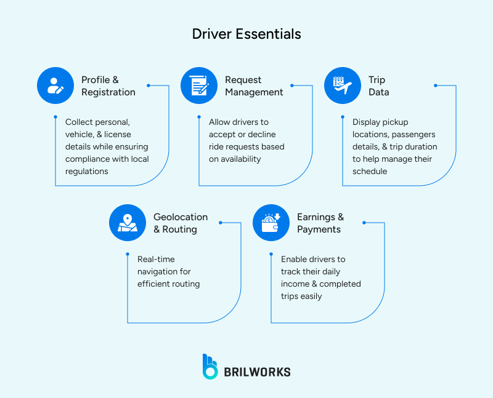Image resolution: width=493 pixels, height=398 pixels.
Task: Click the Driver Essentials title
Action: tap(246, 33)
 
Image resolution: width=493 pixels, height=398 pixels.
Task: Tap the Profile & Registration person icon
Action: tap(55, 86)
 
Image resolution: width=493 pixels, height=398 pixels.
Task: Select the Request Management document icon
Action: tap(199, 86)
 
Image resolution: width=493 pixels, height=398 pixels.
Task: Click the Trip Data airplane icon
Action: tap(343, 86)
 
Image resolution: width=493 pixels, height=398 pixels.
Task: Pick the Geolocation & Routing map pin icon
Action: tap(128, 223)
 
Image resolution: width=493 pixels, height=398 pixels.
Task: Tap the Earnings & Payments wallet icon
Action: tap(271, 223)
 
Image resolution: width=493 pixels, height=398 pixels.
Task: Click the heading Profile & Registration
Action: tap(108, 86)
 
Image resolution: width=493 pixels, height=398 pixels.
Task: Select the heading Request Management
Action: tap(254, 86)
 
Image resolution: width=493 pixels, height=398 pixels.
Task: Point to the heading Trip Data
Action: tap(378, 86)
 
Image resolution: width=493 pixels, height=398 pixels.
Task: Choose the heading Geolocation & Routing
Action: tap(181, 223)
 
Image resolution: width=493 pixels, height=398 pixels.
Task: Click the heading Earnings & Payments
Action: tap(320, 223)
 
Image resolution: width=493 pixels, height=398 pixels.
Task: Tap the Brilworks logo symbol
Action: tap(210, 367)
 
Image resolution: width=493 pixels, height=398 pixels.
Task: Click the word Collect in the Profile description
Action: tap(79, 122)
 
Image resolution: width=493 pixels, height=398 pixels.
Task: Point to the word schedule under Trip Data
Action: tap(370, 171)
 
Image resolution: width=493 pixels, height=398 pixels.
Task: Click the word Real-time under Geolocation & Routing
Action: tap(156, 259)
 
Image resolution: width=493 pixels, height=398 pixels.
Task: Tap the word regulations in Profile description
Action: tap(87, 171)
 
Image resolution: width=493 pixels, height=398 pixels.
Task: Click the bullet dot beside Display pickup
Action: tap(343, 116)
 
